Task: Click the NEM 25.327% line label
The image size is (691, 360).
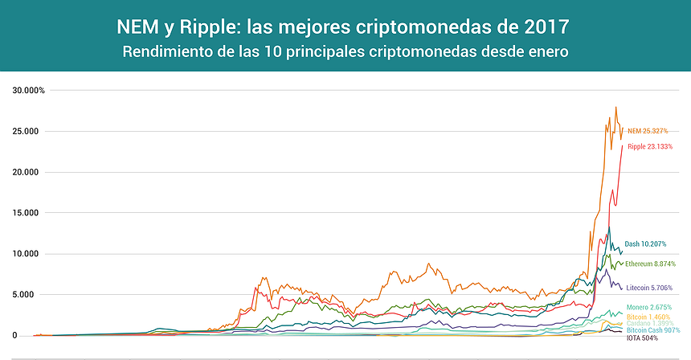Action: (x=647, y=130)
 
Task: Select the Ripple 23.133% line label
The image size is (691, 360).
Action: (x=650, y=146)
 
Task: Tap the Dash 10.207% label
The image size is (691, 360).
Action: (x=645, y=243)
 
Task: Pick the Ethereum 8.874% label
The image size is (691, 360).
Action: (x=650, y=264)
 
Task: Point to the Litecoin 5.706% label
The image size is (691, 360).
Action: (x=648, y=287)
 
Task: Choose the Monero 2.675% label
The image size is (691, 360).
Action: (x=648, y=307)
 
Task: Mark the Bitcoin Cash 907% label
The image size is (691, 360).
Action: (x=653, y=330)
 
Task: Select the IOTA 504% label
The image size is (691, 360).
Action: (x=641, y=338)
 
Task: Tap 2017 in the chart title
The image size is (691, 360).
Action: (x=543, y=27)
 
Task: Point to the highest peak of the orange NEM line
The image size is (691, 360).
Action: (x=615, y=107)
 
